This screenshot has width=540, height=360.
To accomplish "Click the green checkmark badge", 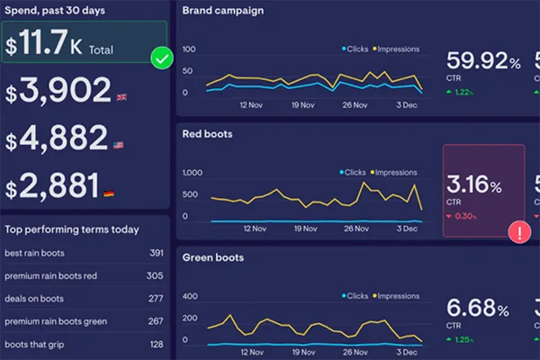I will (162, 59).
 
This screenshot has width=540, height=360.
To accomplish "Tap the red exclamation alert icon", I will (520, 232).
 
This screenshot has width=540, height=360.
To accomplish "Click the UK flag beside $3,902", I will (121, 96).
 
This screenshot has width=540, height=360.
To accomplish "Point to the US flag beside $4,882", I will (118, 144).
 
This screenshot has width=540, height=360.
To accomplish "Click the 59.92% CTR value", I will (483, 62).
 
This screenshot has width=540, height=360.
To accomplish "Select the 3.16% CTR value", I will (475, 185).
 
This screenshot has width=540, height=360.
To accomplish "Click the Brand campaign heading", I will (223, 11).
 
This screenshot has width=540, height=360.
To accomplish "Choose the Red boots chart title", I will (208, 134).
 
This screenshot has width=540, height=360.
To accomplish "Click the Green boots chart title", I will (213, 257).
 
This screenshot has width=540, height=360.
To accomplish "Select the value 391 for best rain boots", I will (156, 254).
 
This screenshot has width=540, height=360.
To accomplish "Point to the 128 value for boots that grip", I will (156, 344).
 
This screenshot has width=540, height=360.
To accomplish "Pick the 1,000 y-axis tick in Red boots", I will (194, 173).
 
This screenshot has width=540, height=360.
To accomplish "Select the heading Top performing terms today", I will (72, 229).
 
